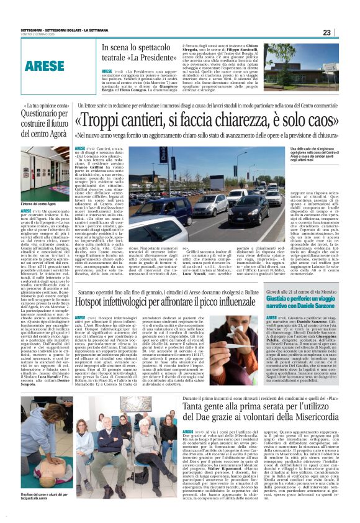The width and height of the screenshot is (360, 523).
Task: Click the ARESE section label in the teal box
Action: click(x=45, y=65)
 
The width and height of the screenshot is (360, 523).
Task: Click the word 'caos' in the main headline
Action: click(x=317, y=120)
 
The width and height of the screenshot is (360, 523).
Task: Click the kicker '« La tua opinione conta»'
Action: click(x=47, y=107)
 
